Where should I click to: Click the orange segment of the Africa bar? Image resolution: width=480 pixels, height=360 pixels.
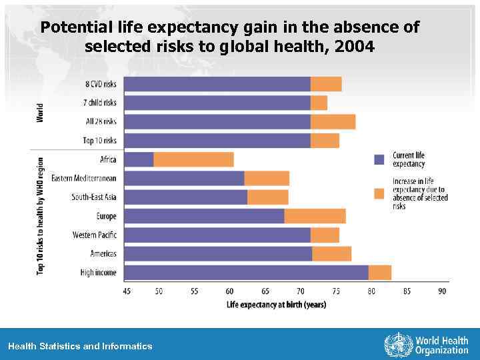click(x=193, y=159)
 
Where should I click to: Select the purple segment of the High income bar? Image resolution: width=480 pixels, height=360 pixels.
click(x=246, y=273)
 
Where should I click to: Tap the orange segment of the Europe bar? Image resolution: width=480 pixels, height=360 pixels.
click(x=315, y=216)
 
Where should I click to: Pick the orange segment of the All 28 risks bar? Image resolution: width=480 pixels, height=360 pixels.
click(x=333, y=122)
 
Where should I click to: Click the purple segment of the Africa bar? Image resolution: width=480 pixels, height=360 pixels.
click(x=139, y=159)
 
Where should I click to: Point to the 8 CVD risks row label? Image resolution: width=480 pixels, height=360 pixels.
click(x=101, y=84)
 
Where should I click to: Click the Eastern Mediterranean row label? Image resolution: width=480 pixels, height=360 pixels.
click(x=84, y=178)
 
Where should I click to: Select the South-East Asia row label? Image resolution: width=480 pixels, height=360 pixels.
click(x=94, y=197)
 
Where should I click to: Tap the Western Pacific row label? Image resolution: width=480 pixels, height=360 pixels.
click(x=95, y=235)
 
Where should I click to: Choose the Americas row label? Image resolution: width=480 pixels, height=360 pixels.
click(x=103, y=253)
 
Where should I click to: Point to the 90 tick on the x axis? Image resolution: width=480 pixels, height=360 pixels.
click(x=442, y=291)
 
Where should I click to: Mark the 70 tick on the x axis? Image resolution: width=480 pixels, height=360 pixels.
click(x=301, y=291)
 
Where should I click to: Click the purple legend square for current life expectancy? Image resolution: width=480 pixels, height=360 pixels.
click(x=379, y=159)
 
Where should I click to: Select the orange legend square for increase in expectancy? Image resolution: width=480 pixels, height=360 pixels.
click(x=379, y=193)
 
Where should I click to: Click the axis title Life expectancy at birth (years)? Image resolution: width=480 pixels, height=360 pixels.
click(x=276, y=305)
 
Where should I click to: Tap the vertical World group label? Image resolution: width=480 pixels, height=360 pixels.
click(x=39, y=112)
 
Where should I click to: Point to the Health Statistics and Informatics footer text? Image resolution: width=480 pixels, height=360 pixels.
click(x=80, y=346)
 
